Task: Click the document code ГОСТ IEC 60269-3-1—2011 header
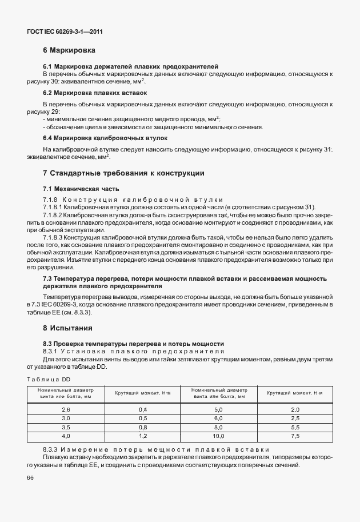66,33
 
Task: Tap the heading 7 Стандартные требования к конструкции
123,173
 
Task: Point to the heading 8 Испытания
68,328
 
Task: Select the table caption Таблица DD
49,378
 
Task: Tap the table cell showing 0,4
143,410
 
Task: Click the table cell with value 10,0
218,436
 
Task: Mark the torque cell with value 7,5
295,436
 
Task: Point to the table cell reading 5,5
295,428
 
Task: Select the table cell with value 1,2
143,436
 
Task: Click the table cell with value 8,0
218,428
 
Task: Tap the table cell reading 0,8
143,428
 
